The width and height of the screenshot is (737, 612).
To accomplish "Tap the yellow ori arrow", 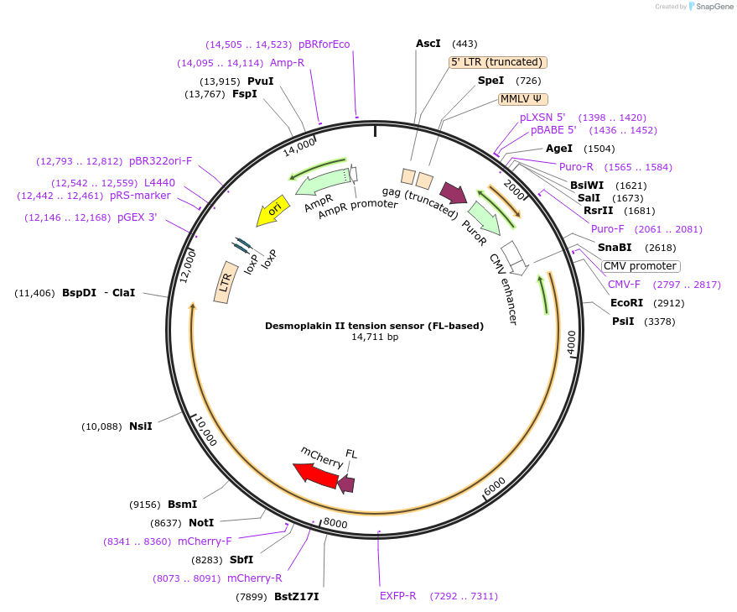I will pos(270,213).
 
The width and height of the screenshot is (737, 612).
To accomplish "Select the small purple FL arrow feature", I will pos(346,483).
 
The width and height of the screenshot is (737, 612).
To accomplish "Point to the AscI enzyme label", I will pos(428,43).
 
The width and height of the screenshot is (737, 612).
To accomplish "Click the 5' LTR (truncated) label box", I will pos(498,62).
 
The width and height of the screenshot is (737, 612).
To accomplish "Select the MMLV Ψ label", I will pos(522,98).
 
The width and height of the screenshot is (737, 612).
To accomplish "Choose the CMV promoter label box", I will pos(641,266).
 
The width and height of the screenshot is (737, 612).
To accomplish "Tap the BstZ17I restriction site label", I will pos(296,597).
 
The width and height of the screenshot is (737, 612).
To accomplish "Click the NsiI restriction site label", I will pos(140,426).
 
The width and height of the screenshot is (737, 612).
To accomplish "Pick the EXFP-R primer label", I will pos(397,596).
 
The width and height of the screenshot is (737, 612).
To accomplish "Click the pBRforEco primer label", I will pos(324,44).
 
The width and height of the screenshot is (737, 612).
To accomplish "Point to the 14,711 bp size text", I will pos(374,337).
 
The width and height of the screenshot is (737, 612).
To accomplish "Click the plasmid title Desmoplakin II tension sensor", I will pos(374,325).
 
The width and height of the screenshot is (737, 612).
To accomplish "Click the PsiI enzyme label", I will pos(623,322).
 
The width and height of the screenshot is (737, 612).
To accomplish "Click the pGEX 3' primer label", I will pos(137,217).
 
